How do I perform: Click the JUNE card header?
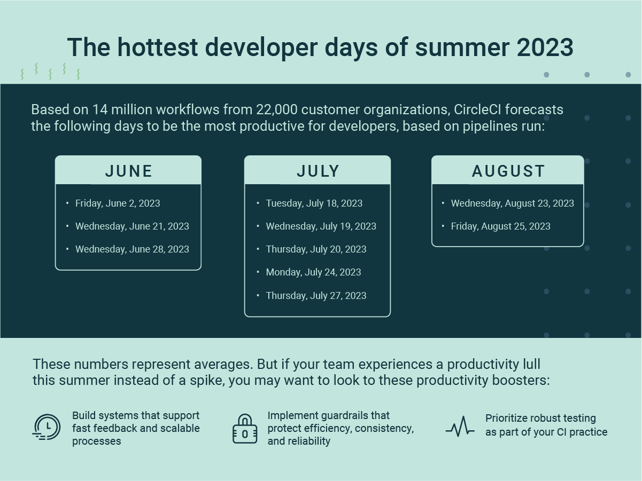click(x=128, y=170)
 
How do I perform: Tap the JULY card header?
click(x=318, y=170)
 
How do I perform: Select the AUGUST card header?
click(x=508, y=170)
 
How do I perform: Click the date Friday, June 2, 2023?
click(x=118, y=203)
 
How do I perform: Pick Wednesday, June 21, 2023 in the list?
click(x=132, y=226)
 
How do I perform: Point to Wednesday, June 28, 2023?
click(x=132, y=249)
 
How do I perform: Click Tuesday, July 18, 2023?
click(x=314, y=203)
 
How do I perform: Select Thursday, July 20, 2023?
click(x=316, y=249)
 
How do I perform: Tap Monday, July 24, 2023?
click(x=314, y=272)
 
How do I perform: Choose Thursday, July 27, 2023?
click(x=316, y=296)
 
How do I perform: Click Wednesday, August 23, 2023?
click(x=513, y=203)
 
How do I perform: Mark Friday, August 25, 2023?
click(x=501, y=226)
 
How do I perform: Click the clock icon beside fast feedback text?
click(x=47, y=427)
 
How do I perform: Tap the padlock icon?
click(x=245, y=429)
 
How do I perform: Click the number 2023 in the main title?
click(x=545, y=48)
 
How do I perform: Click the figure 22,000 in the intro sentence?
click(x=277, y=110)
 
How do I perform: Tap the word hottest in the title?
click(x=158, y=48)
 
